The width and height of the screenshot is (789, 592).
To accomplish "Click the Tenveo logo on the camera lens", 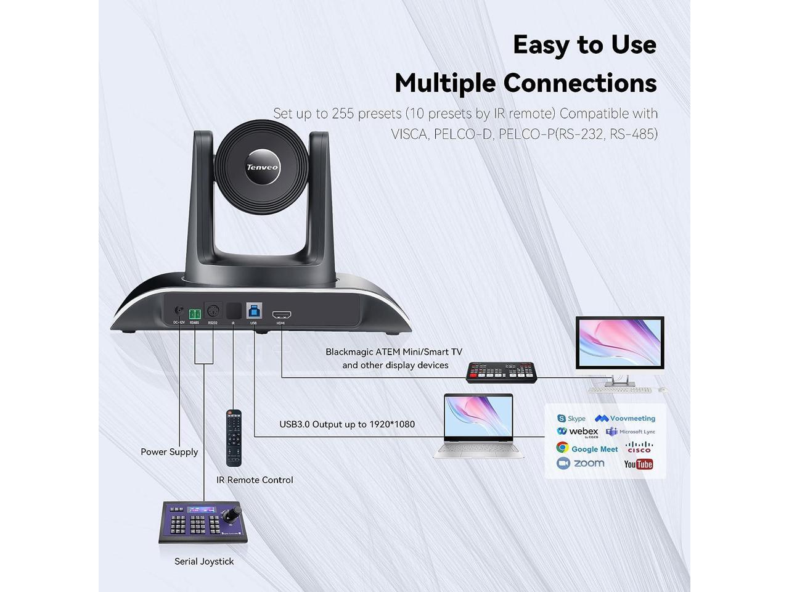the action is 263,167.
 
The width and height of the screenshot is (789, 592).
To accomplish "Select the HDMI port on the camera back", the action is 282,314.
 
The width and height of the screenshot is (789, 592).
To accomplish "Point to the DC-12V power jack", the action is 179,312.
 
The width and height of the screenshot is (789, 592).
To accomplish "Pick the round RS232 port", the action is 213,311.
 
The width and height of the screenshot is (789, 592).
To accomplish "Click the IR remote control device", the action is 233,438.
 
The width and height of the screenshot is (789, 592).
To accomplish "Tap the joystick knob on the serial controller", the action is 235,513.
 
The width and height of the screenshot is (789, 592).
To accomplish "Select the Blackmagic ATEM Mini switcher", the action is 502,371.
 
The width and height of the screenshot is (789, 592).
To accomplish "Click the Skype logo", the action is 571,419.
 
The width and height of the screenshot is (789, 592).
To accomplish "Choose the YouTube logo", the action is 639,464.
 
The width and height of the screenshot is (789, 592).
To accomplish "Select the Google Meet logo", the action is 587,448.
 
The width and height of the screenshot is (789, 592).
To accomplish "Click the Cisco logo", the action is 639,447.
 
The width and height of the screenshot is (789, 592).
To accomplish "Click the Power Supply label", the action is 169,451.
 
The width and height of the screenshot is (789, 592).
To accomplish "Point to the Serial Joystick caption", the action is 204,561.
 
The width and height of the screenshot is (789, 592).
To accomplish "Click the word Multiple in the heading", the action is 446,83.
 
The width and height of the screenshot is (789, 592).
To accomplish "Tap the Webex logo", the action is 578,432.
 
